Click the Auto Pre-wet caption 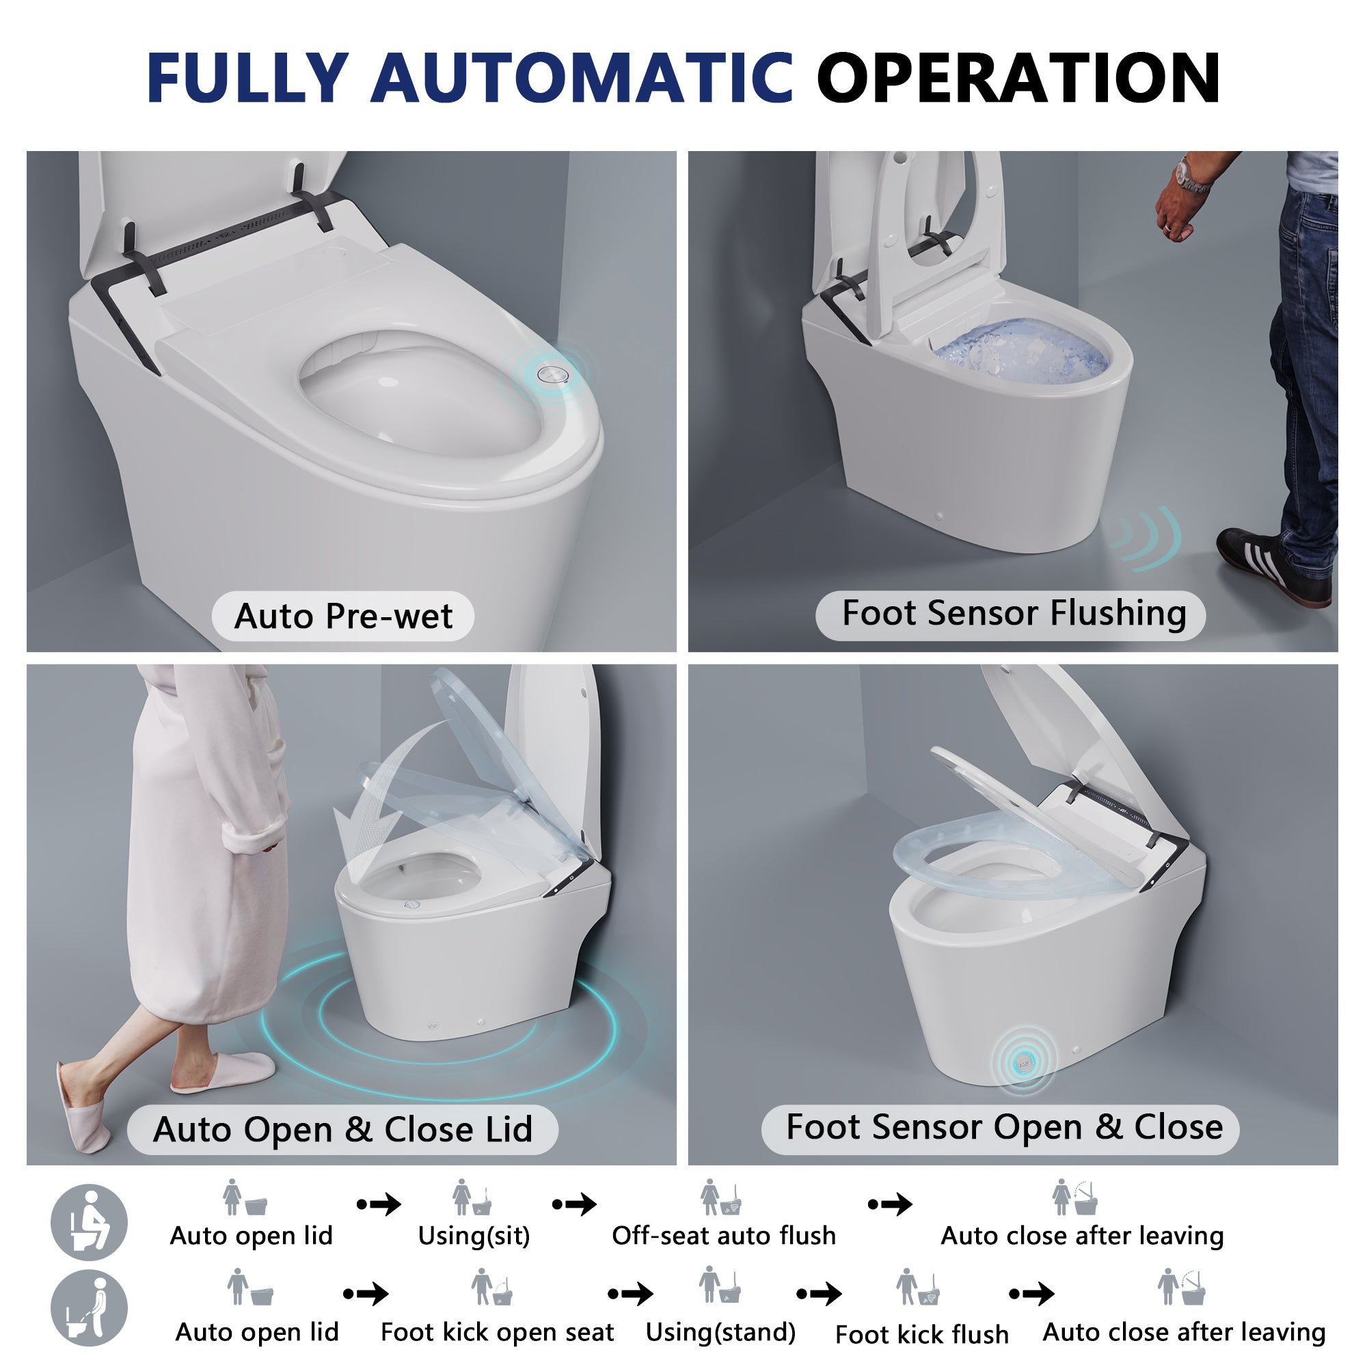[342, 616]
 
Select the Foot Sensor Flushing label [1013, 614]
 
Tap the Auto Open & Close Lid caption [342, 1129]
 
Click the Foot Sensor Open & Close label [1004, 1126]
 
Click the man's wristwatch [1191, 176]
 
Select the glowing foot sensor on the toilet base [1024, 1062]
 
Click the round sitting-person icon [89, 1222]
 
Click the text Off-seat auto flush [723, 1235]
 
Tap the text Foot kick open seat [497, 1332]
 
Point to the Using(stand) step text [720, 1332]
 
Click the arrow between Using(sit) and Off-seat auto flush [574, 1204]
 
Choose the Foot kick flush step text [921, 1334]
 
